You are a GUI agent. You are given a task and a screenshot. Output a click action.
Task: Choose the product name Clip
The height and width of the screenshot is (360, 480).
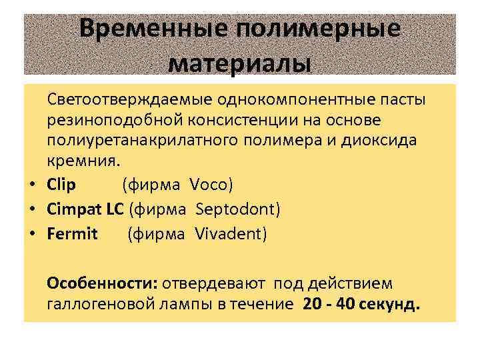[61, 183]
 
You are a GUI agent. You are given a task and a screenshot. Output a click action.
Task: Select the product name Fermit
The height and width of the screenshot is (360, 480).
[72, 234]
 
